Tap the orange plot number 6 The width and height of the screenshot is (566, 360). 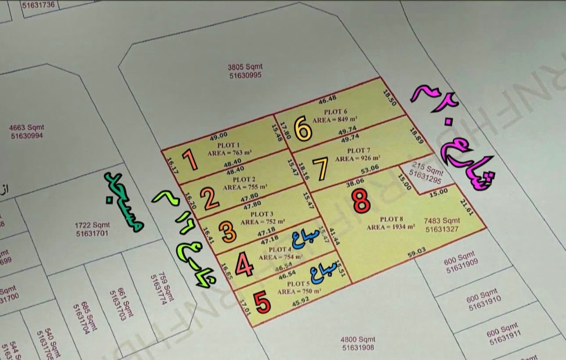(303, 129)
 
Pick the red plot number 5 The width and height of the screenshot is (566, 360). (262, 303)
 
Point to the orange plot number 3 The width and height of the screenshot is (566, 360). (229, 232)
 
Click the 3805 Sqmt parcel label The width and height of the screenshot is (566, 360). (245, 71)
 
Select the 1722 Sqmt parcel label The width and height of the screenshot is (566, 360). (92, 229)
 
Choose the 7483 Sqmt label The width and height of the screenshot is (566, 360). (442, 225)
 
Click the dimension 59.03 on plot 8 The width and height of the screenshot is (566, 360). (417, 253)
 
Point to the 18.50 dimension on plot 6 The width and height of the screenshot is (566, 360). (389, 98)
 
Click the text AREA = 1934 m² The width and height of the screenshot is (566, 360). (390, 227)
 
